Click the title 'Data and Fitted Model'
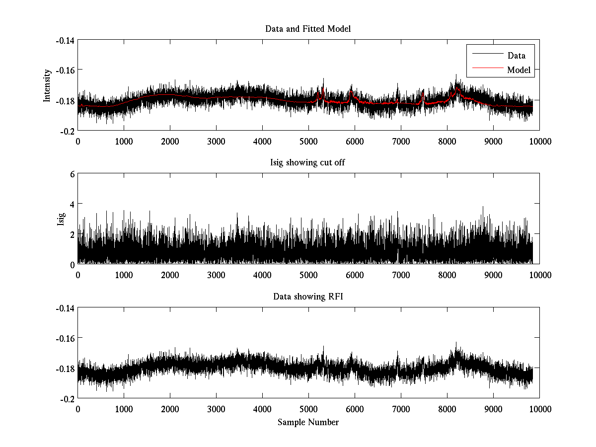click(x=308, y=29)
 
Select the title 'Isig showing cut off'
click(x=308, y=163)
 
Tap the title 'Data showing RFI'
click(x=308, y=297)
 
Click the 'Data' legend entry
click(x=516, y=56)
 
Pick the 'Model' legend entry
click(x=519, y=70)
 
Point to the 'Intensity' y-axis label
click(x=47, y=85)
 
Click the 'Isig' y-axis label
click(x=61, y=219)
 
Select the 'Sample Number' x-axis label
click(x=308, y=422)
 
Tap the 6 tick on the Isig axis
click(x=72, y=174)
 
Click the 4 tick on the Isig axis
click(x=72, y=204)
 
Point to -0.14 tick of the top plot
click(x=65, y=40)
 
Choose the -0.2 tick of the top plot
click(x=68, y=131)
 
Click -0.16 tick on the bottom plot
click(x=65, y=338)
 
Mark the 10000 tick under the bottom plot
click(x=539, y=409)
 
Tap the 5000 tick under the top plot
click(x=308, y=141)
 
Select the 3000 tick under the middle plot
click(x=216, y=275)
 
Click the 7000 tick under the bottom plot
click(x=401, y=409)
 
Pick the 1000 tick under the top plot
click(x=124, y=141)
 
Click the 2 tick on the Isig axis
click(x=72, y=234)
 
